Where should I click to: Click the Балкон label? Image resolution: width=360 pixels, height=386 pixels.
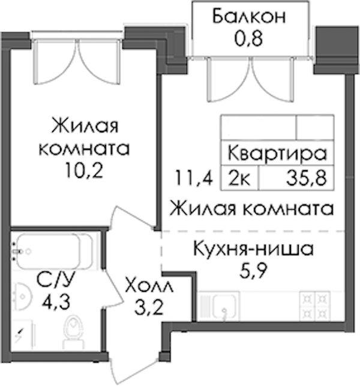(x=249, y=16)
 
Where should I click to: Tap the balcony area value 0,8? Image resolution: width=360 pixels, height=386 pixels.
(x=248, y=38)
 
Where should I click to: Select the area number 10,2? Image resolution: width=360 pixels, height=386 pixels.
(x=84, y=170)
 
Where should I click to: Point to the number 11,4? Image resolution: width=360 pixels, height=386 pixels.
(x=194, y=178)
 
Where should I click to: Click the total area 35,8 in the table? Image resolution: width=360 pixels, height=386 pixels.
(x=306, y=178)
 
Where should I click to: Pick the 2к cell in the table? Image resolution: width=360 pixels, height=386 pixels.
(x=239, y=178)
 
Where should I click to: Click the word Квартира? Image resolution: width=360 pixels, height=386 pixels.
(x=277, y=153)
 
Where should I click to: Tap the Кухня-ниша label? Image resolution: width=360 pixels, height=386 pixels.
(x=254, y=249)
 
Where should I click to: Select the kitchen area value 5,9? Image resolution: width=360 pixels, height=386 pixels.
(x=253, y=271)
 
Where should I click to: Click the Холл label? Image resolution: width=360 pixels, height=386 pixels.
(x=149, y=285)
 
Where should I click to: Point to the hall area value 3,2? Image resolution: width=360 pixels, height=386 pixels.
(x=149, y=307)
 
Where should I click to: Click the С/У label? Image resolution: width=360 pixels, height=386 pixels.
(x=55, y=280)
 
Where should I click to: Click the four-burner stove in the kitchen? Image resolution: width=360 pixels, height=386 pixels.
(x=314, y=306)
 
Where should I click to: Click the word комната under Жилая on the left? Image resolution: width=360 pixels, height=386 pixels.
(x=84, y=149)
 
